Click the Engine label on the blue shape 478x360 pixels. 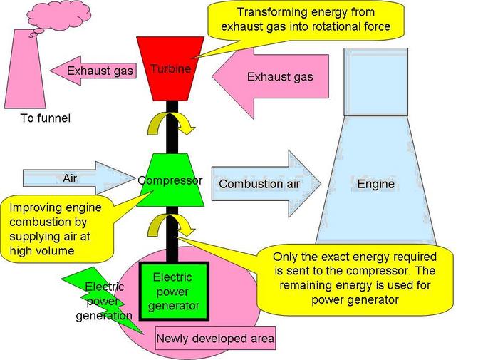(x=375, y=185)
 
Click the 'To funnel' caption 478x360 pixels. (x=45, y=118)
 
